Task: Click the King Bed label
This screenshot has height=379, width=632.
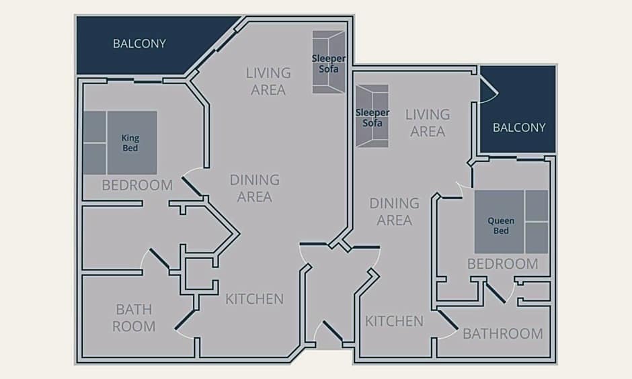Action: [x=130, y=143]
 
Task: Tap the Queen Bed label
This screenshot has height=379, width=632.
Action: [x=501, y=226]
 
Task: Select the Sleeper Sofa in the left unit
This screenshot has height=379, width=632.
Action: [x=329, y=62]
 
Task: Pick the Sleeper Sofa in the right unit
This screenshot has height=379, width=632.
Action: [x=372, y=116]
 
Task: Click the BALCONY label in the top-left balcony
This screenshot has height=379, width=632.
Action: [x=139, y=44]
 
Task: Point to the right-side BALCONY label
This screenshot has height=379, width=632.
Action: [x=519, y=128]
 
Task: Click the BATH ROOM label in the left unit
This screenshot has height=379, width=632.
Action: [x=134, y=318]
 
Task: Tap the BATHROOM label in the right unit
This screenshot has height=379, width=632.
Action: [x=503, y=333]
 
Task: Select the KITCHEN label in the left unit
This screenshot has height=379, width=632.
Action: [x=254, y=299]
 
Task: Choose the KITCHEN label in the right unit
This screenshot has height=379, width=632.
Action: [x=394, y=321]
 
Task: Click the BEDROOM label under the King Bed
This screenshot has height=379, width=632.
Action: [x=137, y=185]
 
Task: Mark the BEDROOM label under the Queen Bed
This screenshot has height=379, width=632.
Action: [x=503, y=264]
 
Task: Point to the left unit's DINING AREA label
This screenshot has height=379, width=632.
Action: [x=255, y=188]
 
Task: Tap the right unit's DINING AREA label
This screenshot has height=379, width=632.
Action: [x=395, y=212]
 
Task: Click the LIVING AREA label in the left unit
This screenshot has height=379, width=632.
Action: [x=268, y=81]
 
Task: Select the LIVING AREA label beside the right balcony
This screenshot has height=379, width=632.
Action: [x=428, y=123]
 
